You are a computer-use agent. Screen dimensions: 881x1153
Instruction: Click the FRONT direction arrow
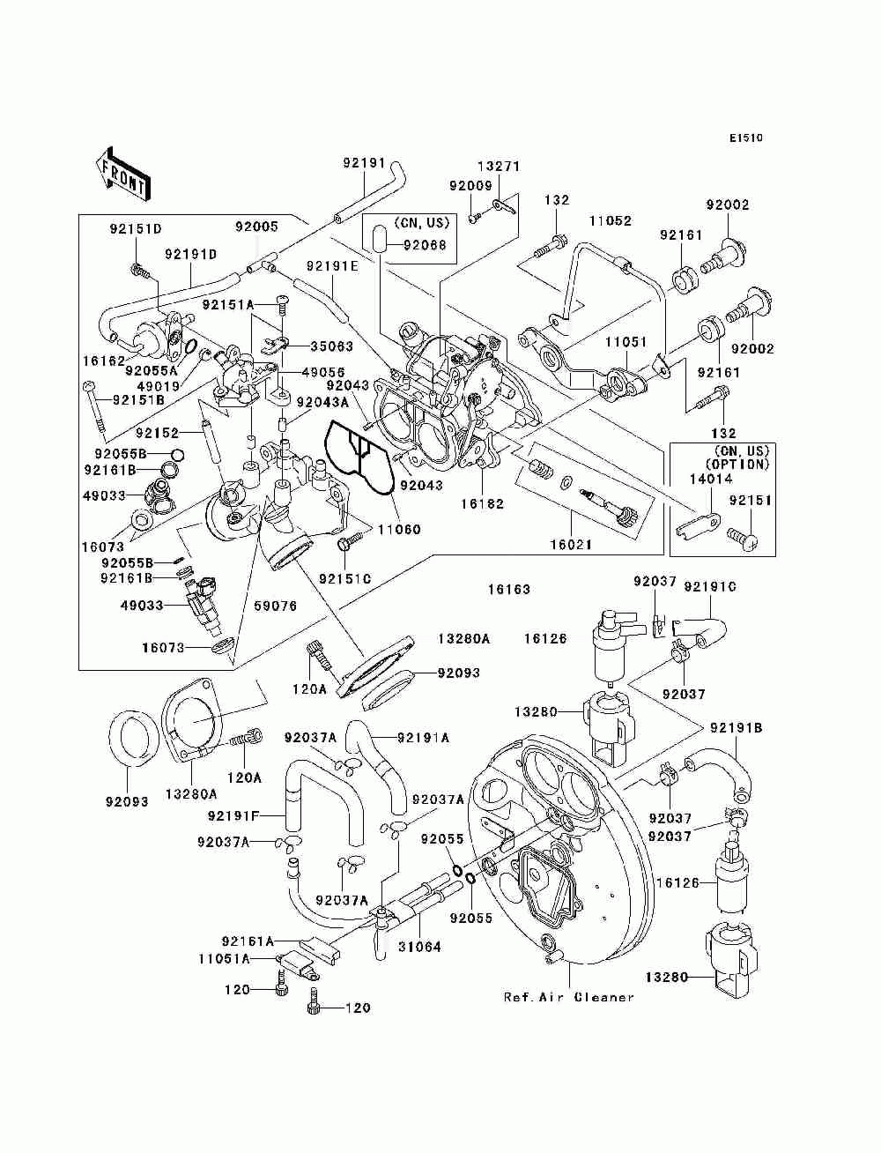pyautogui.click(x=123, y=174)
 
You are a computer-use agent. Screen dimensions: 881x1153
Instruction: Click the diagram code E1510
pyautogui.click(x=745, y=138)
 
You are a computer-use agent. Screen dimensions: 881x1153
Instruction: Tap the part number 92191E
pyautogui.click(x=332, y=266)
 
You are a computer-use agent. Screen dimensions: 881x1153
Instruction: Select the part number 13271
pyautogui.click(x=499, y=167)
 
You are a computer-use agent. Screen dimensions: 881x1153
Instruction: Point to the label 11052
pyautogui.click(x=610, y=220)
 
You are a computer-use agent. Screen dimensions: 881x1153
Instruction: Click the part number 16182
pyautogui.click(x=482, y=503)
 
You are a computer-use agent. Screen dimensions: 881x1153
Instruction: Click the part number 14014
pyautogui.click(x=710, y=479)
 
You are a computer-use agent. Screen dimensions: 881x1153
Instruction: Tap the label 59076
pyautogui.click(x=275, y=606)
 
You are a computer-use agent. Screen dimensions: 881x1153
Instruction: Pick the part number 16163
pyautogui.click(x=508, y=590)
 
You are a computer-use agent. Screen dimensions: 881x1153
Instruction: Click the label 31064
pyautogui.click(x=419, y=947)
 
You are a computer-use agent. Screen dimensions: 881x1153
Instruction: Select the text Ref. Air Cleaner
pyautogui.click(x=568, y=997)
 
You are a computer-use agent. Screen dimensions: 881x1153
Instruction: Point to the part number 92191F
pyautogui.click(x=233, y=815)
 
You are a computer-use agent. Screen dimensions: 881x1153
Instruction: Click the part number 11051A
pyautogui.click(x=224, y=959)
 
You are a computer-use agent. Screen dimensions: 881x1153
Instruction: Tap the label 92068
pyautogui.click(x=425, y=245)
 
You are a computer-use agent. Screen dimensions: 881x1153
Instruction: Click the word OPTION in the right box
pyautogui.click(x=737, y=464)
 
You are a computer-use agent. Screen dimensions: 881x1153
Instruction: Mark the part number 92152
pyautogui.click(x=157, y=433)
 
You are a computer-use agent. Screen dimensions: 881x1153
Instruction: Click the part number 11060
pyautogui.click(x=399, y=529)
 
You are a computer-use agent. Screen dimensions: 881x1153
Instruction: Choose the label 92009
pyautogui.click(x=470, y=185)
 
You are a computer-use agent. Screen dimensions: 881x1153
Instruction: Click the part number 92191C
pyautogui.click(x=710, y=587)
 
